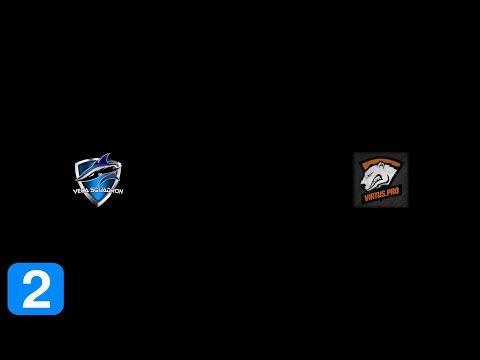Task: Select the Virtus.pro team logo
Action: [x=380, y=179]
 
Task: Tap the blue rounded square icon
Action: [x=35, y=289]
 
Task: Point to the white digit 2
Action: [x=35, y=289]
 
